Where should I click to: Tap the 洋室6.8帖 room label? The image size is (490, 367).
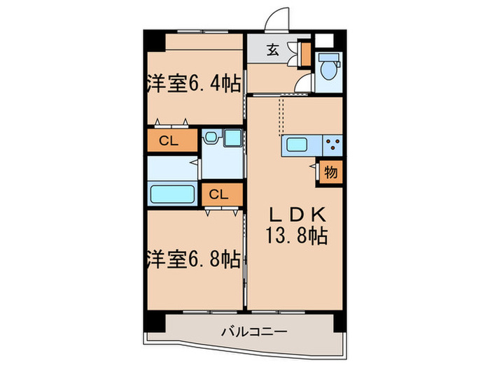[194, 260]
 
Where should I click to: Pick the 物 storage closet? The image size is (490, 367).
[330, 171]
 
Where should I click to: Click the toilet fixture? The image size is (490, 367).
[327, 69]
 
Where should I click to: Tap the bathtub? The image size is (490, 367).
[171, 194]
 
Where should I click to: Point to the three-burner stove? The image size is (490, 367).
[332, 147]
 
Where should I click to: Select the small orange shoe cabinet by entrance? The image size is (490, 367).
[305, 55]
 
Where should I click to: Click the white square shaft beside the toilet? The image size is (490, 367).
[326, 39]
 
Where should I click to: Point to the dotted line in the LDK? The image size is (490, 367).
[280, 115]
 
